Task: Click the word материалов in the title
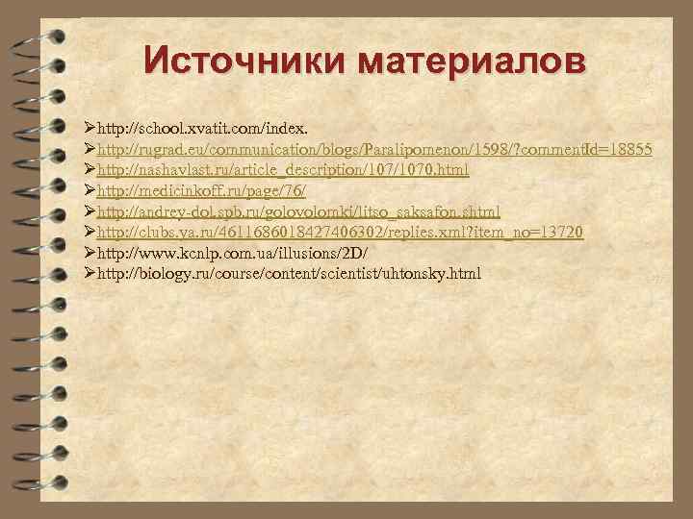pos(471,61)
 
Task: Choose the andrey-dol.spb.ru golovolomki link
pos(298,211)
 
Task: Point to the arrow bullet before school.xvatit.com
pos(90,128)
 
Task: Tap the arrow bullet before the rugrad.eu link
pos(90,149)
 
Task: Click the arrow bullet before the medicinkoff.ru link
pos(90,191)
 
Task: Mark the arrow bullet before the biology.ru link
pos(90,275)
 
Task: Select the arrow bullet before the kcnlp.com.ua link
pos(90,254)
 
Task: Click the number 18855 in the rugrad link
pos(630,149)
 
